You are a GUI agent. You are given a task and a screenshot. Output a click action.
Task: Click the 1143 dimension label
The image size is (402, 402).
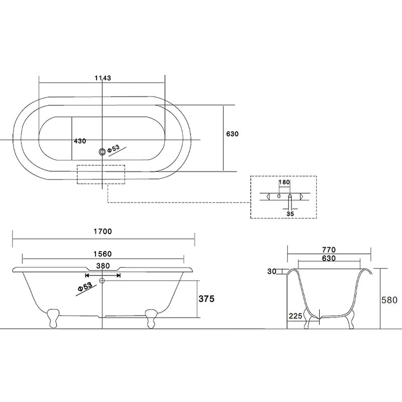[x=103, y=78]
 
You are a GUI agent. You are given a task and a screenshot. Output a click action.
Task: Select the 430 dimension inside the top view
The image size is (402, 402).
[x=80, y=141]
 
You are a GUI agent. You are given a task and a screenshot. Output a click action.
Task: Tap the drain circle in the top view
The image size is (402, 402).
[x=103, y=152]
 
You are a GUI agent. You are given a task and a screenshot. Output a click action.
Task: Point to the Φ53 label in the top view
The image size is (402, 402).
[x=114, y=149]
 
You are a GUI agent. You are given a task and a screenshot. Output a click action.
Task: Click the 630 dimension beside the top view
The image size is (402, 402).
[x=232, y=134]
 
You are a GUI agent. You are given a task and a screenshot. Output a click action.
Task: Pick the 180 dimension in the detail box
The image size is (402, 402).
[x=284, y=182]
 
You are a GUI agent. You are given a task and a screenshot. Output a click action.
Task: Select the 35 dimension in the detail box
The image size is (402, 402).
[x=290, y=214]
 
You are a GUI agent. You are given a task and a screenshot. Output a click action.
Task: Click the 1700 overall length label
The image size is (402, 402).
[x=103, y=232]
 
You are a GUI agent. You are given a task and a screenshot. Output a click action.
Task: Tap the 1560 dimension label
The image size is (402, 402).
[x=103, y=254]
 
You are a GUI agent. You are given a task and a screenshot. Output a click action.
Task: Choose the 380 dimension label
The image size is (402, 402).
[x=103, y=266]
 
